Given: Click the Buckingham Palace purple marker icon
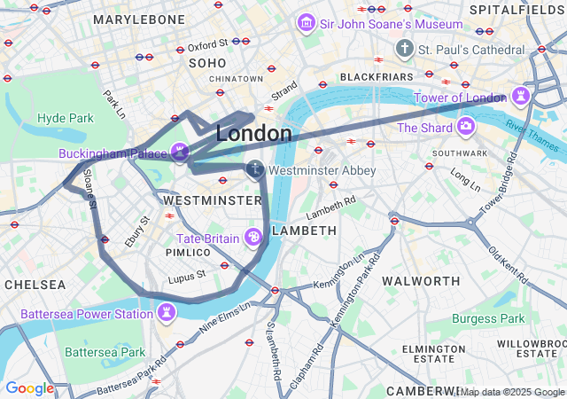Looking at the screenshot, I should tap(181, 153).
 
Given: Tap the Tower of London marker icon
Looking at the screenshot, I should tap(520, 97).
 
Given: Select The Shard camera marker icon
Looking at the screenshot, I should tap(465, 128).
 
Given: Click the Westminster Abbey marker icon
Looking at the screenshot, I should tap(255, 168).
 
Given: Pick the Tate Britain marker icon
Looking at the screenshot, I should tap(253, 237).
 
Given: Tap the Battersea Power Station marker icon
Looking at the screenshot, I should tap(167, 312).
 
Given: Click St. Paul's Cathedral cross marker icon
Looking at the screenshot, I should tap(405, 48).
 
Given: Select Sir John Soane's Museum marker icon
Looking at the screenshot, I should tap(307, 22).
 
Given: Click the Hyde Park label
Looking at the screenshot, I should tap(66, 118).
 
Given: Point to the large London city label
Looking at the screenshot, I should tap(253, 134).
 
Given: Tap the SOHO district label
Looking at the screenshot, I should tap(207, 63).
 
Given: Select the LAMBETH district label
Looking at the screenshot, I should tap(305, 231).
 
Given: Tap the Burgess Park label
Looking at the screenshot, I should tap(488, 318).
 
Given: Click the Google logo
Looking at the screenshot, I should tap(29, 387).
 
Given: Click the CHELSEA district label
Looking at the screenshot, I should tap(35, 285).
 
